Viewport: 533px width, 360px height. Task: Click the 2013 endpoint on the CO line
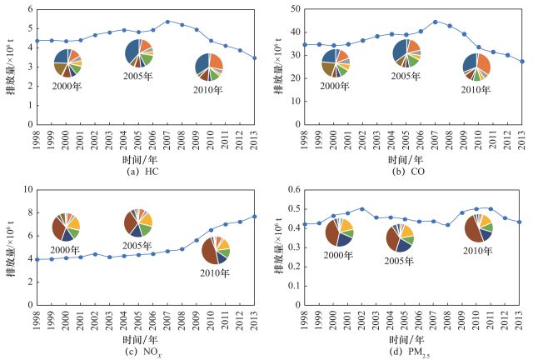(522, 62)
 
